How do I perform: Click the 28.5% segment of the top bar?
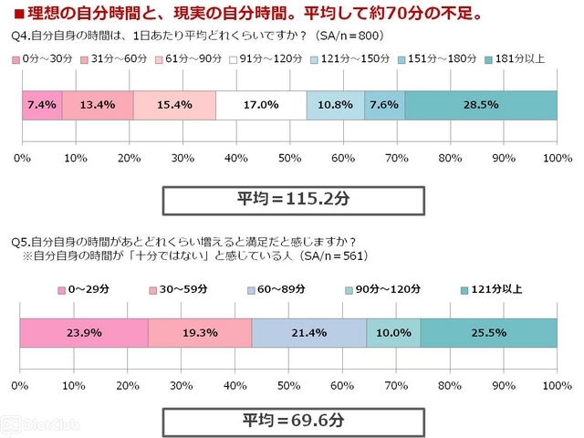481,106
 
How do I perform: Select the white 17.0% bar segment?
261,106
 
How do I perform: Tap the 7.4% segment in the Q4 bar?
42,106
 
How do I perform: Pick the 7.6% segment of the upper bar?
384,106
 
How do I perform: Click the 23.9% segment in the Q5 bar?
84,333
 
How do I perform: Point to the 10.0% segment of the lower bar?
393,333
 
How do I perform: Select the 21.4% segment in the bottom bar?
309,333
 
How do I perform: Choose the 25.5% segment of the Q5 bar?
489,333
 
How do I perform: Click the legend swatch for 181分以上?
488,60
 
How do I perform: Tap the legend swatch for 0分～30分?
16,60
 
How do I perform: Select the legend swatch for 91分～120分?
234,60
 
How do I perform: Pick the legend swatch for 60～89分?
251,290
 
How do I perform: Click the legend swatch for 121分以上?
464,290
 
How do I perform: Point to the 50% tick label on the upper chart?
290,158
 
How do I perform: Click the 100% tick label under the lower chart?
558,385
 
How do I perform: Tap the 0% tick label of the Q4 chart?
22,158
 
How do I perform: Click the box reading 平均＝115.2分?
294,201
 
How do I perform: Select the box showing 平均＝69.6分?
294,422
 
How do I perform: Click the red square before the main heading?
19,15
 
